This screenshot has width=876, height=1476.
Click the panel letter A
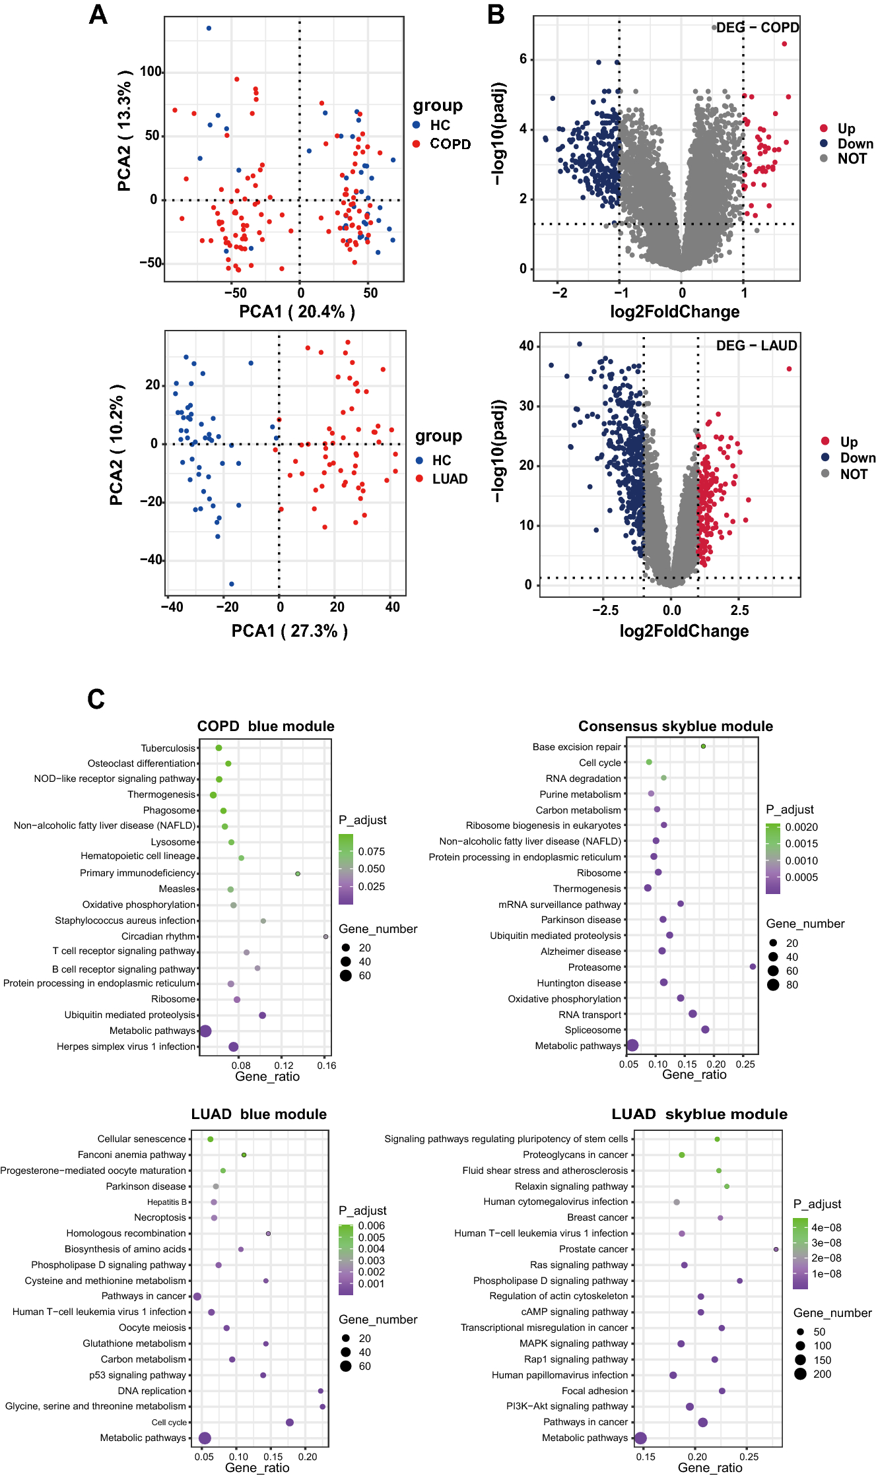pos(98,15)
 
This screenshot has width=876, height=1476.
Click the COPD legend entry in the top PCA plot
pos(450,144)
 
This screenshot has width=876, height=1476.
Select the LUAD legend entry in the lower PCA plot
pos(449,479)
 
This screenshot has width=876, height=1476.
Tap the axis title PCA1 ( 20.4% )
pos(297,311)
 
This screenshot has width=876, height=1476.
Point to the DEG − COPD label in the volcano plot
pos(757,28)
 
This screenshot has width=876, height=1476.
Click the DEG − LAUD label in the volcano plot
pos(757,346)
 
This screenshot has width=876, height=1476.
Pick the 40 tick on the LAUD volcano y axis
pos(526,346)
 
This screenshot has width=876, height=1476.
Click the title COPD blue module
pos(265,726)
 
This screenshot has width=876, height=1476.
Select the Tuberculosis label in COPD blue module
pos(168,748)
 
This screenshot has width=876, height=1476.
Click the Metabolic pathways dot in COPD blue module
pos(205,1031)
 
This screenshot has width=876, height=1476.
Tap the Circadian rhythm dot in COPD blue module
pos(325,936)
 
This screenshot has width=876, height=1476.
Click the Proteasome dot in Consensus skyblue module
pos(753,967)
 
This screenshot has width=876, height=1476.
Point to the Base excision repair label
pos(576,747)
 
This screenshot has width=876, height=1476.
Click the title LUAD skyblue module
pos(699,1114)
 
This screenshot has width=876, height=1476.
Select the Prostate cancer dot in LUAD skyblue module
pos(776,1249)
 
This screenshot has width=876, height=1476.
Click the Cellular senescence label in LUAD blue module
pos(141,1139)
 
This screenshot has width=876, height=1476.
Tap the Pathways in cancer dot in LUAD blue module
pos(197,1297)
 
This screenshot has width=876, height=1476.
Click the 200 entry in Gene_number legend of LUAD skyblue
pos(822,1374)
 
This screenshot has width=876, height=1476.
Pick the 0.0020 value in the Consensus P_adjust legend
pos(801,827)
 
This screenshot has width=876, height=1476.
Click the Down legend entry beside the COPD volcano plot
pos(855,144)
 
